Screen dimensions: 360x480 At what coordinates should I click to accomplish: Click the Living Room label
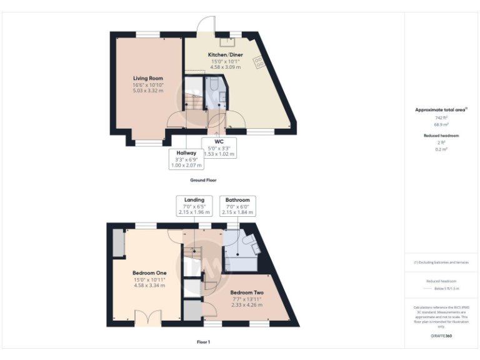tap(147, 78)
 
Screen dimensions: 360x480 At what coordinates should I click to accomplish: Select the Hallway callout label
tap(186, 152)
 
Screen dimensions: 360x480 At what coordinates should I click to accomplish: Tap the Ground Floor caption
tap(203, 179)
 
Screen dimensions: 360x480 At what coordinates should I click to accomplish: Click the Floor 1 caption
tap(203, 342)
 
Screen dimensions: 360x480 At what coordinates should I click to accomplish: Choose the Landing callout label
tap(194, 200)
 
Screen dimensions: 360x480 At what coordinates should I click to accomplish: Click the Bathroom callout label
tap(237, 200)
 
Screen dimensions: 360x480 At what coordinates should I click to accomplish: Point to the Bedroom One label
tap(149, 273)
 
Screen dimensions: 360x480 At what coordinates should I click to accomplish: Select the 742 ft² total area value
tap(441, 117)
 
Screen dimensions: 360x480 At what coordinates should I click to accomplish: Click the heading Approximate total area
tap(440, 109)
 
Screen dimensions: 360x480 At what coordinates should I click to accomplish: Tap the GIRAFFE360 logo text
tap(441, 336)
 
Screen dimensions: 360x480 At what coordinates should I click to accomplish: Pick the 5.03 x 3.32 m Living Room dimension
tap(147, 91)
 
